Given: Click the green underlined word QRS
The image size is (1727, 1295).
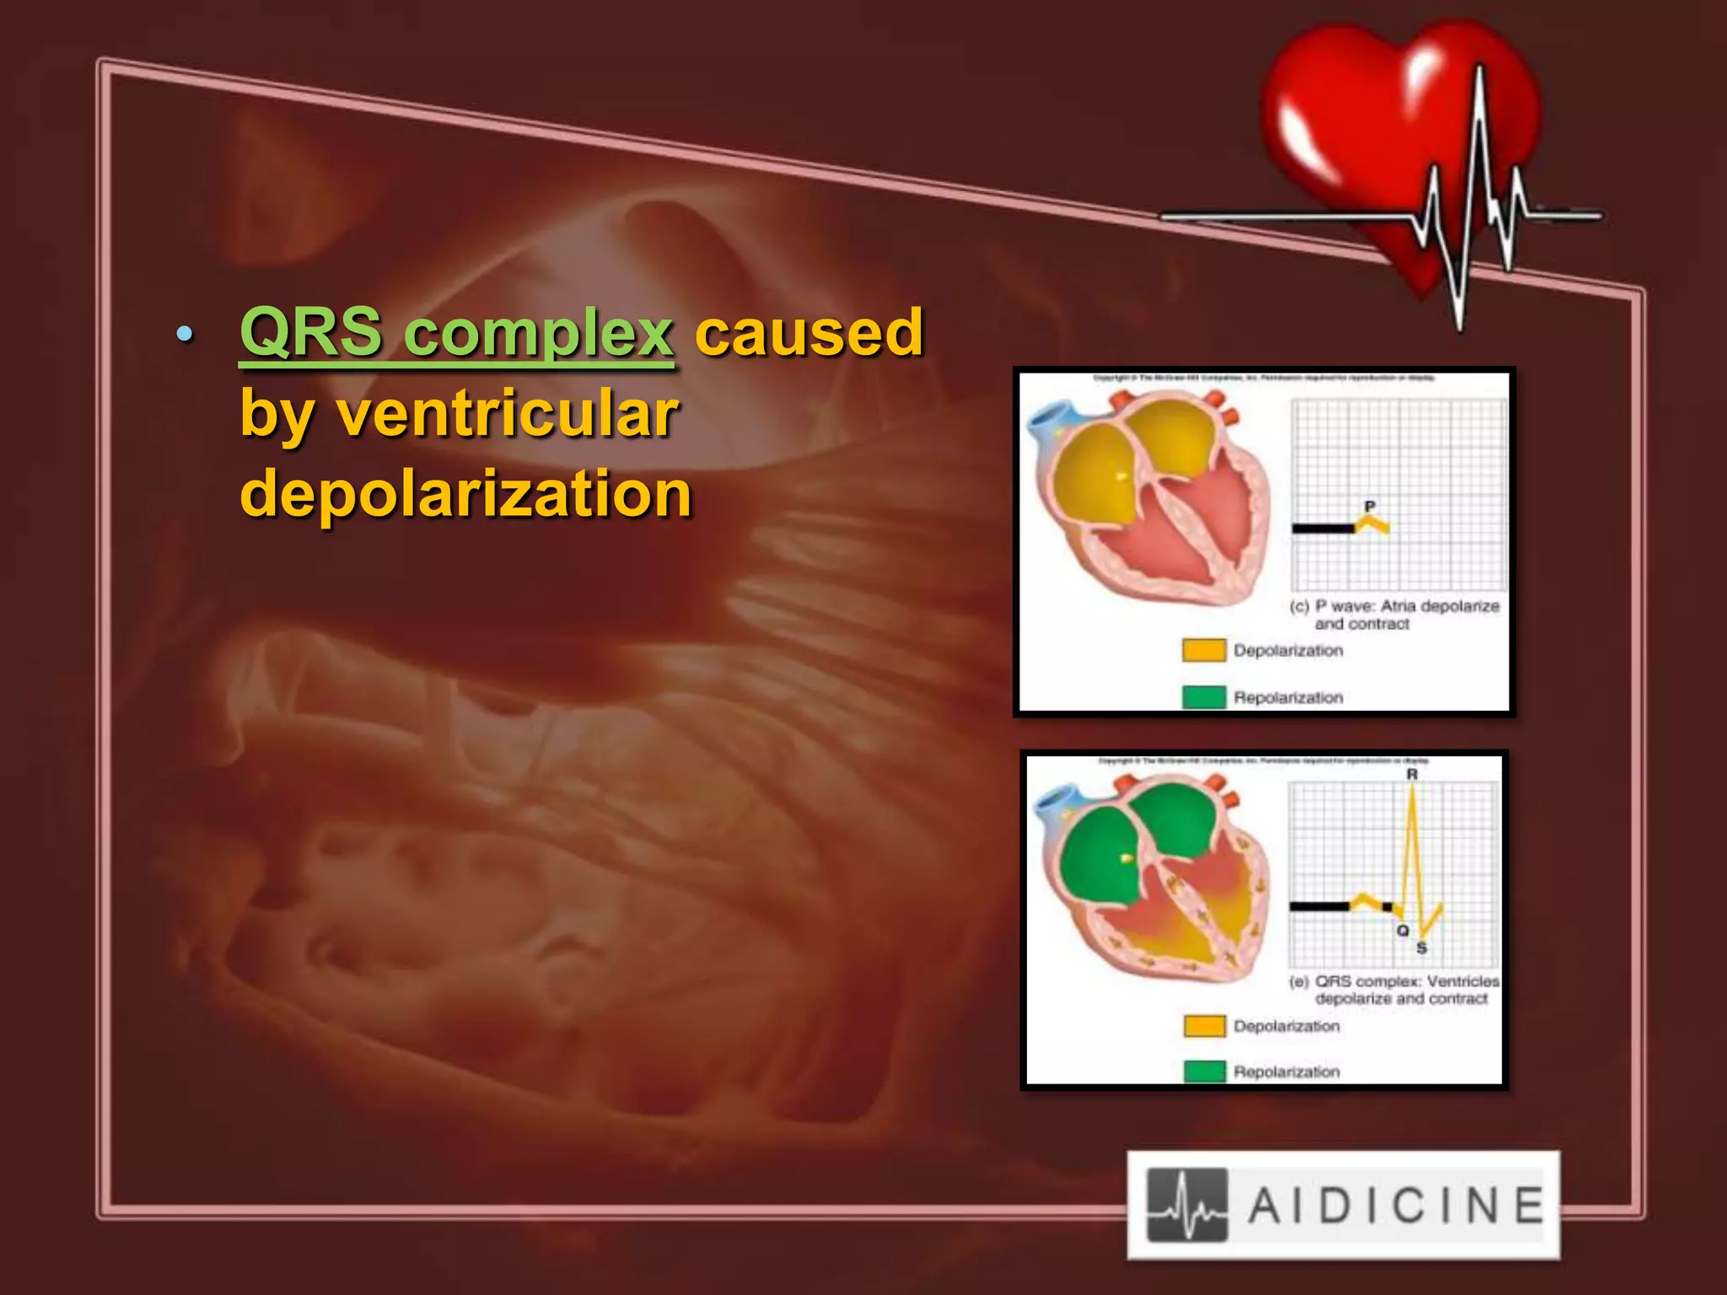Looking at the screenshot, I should [x=310, y=332].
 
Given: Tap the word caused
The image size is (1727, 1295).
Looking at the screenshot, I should [x=809, y=332].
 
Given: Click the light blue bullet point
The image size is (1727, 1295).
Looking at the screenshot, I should [x=185, y=335].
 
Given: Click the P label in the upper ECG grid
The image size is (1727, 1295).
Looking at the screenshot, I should [x=1369, y=506].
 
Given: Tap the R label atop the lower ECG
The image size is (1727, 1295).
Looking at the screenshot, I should [x=1412, y=774].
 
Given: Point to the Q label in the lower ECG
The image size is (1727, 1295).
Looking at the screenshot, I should [x=1402, y=930].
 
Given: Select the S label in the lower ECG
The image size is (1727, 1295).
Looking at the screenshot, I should [x=1422, y=948].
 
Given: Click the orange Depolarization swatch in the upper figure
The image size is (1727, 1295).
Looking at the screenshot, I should [x=1203, y=650].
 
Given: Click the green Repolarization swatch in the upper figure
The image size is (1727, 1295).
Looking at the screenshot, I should [x=1203, y=697].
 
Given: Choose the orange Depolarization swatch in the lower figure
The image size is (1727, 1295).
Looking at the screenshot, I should [x=1204, y=1025].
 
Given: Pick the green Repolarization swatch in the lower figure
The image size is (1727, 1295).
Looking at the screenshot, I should [x=1204, y=1071].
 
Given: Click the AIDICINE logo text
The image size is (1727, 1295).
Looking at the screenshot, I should [x=1396, y=1205].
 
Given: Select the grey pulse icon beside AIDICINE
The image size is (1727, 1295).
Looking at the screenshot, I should [x=1187, y=1205].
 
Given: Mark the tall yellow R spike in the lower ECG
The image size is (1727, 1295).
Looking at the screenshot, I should [x=1412, y=843].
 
